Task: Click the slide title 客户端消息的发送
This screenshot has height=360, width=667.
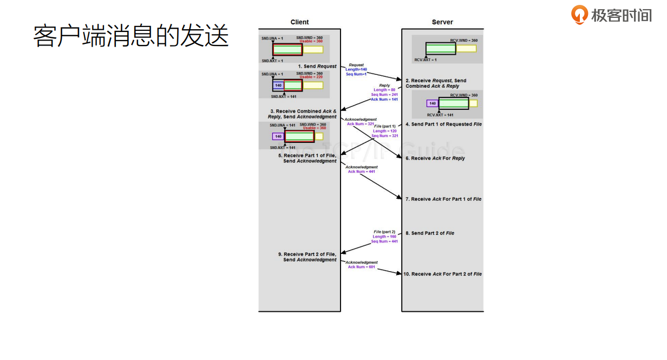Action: tap(130, 36)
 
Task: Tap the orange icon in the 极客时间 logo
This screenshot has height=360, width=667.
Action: tap(579, 15)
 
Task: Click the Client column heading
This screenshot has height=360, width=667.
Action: tap(299, 22)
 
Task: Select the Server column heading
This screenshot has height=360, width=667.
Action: tap(442, 22)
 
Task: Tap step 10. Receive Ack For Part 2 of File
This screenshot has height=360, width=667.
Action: tap(442, 274)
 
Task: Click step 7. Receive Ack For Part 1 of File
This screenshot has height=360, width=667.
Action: tap(443, 199)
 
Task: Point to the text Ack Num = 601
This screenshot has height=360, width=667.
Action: tap(361, 267)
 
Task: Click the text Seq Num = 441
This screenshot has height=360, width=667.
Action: tap(384, 241)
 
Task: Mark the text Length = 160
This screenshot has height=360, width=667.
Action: tap(384, 237)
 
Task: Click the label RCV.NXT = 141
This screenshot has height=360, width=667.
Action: tap(440, 115)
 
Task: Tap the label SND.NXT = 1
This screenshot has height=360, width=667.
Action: tap(272, 61)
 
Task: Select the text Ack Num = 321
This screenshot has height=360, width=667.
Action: tap(360, 124)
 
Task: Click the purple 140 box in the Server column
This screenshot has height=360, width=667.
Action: tap(432, 103)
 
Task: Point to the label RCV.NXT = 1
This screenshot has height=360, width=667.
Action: tap(426, 60)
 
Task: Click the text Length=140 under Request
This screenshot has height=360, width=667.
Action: tap(356, 69)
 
